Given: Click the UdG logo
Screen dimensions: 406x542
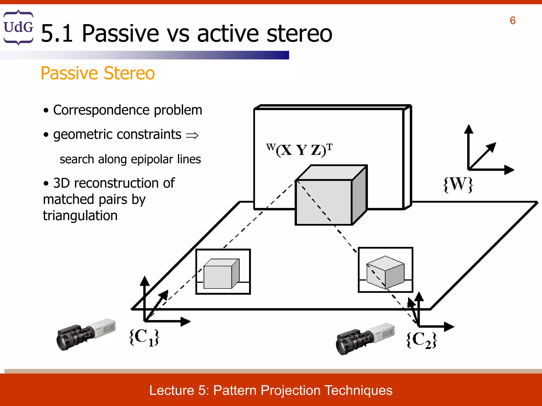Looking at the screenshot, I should pyautogui.click(x=18, y=27).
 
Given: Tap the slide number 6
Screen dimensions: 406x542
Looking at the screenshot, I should pyautogui.click(x=512, y=21).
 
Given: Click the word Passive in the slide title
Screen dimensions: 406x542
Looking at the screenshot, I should pyautogui.click(x=120, y=34).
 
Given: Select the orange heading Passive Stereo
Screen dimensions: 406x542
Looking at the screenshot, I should pyautogui.click(x=98, y=73).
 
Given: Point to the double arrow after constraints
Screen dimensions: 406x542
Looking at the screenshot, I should pyautogui.click(x=192, y=136).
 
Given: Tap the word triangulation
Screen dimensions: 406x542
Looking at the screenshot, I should pyautogui.click(x=80, y=215).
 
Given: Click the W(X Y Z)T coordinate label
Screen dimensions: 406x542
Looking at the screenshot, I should pyautogui.click(x=299, y=150).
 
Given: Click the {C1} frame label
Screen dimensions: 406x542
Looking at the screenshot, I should pyautogui.click(x=144, y=337).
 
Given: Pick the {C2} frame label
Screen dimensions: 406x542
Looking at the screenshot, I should pyautogui.click(x=421, y=340).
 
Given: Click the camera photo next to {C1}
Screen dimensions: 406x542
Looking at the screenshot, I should pyautogui.click(x=86, y=334).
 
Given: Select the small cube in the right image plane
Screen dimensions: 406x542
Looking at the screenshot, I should pyautogui.click(x=385, y=272).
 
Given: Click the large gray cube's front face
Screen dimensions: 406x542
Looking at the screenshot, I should pyautogui.click(x=323, y=202).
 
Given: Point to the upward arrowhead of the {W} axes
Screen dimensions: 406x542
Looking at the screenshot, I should pyautogui.click(x=469, y=129).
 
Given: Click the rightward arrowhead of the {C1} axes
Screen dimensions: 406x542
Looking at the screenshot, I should pyautogui.click(x=186, y=322).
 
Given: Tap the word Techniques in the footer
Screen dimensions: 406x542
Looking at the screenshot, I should pyautogui.click(x=358, y=390).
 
